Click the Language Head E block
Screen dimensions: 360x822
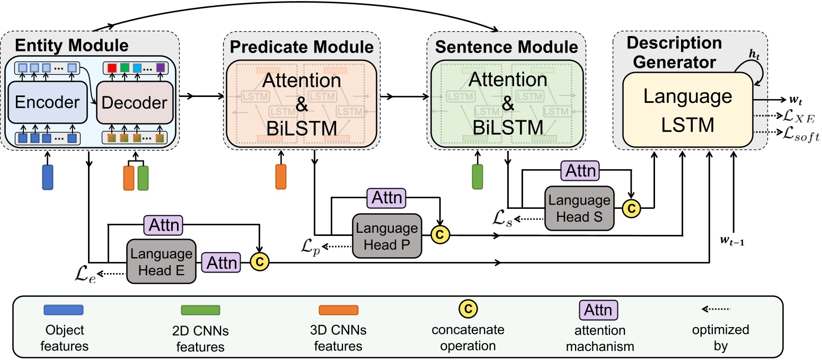[x=161, y=261]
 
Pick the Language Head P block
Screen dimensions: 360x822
[x=387, y=236]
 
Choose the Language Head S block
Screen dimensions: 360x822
[x=579, y=207]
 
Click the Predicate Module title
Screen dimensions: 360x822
[x=302, y=47]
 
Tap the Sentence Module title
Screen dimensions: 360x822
[x=506, y=47]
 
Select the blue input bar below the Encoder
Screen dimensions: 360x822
[x=48, y=177]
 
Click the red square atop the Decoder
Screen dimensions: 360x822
[x=111, y=68]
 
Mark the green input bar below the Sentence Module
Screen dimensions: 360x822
[x=478, y=177]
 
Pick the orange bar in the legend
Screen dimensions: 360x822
[x=338, y=310]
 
